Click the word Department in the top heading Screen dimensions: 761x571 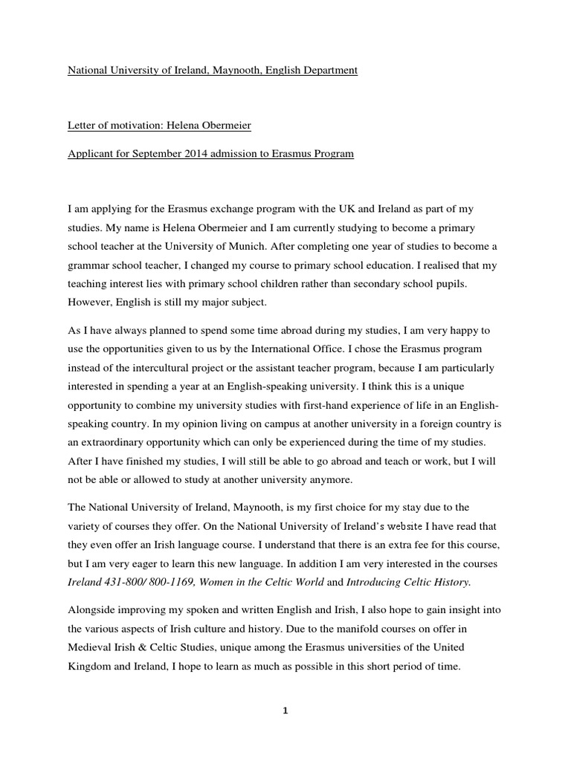[328, 71]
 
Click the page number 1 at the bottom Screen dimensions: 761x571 [285, 711]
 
